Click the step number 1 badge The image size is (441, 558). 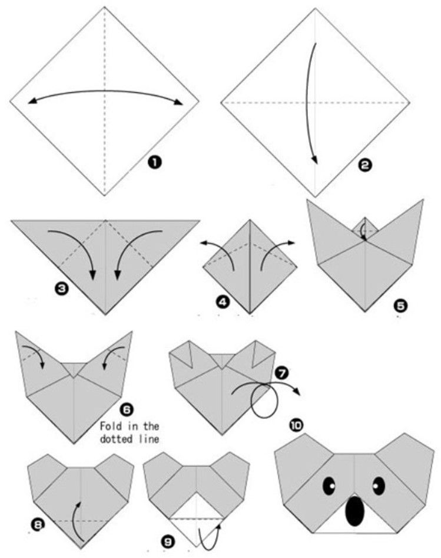155,162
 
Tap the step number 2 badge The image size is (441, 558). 364,165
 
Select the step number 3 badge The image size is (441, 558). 61,288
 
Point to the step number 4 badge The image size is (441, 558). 223,302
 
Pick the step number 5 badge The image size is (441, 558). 400,306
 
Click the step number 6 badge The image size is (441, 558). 127,409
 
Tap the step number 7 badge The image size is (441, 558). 282,373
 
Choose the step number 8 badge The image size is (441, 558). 38,524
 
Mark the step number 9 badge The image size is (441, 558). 168,541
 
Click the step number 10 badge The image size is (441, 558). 296,425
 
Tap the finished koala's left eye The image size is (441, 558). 329,485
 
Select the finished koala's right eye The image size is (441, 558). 379,485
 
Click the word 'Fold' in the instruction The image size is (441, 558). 111,426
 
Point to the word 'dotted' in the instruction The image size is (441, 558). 116,439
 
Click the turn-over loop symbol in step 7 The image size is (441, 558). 263,401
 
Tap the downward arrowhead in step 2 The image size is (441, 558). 314,159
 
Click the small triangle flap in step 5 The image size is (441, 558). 365,227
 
